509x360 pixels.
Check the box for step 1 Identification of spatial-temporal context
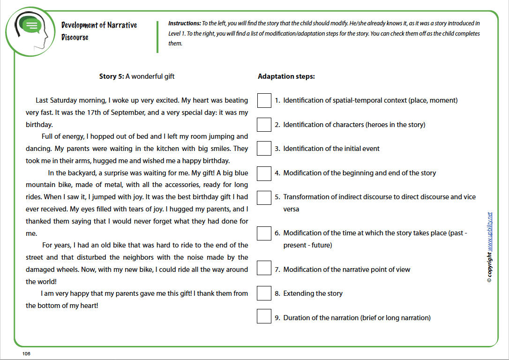click(x=264, y=100)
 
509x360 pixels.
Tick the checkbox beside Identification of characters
click(x=264, y=125)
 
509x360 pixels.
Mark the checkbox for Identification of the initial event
click(x=264, y=149)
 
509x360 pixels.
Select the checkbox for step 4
click(x=264, y=173)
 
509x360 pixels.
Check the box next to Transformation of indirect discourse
click(x=264, y=197)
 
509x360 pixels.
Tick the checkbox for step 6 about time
click(x=264, y=233)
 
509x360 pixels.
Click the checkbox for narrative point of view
click(x=264, y=269)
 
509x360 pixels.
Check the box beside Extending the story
click(x=264, y=293)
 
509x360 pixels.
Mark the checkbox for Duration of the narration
click(x=264, y=316)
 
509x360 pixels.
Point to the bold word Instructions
click(x=184, y=23)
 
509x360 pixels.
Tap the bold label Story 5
click(x=111, y=76)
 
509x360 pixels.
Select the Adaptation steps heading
click(x=286, y=76)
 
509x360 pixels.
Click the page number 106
click(x=26, y=353)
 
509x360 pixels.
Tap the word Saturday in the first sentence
click(x=67, y=100)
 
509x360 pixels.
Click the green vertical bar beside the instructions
click(x=157, y=36)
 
